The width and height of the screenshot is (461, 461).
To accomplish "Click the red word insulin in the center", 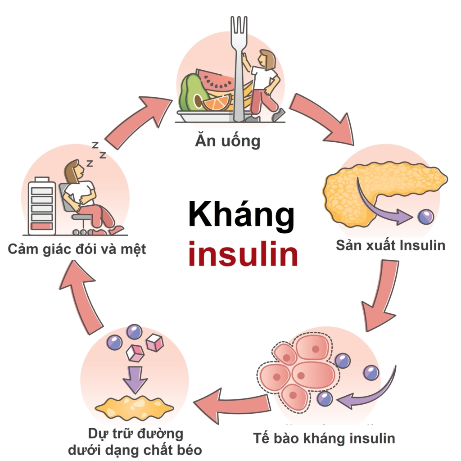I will (243, 255).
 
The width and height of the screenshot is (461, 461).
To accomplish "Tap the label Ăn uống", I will (228, 141).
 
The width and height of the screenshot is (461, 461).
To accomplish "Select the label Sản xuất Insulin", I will (390, 246).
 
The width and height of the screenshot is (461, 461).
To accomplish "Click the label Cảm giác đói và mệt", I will (77, 249).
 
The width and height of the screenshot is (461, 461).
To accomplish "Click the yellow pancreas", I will (360, 189).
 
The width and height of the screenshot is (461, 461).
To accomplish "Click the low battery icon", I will (42, 207).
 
